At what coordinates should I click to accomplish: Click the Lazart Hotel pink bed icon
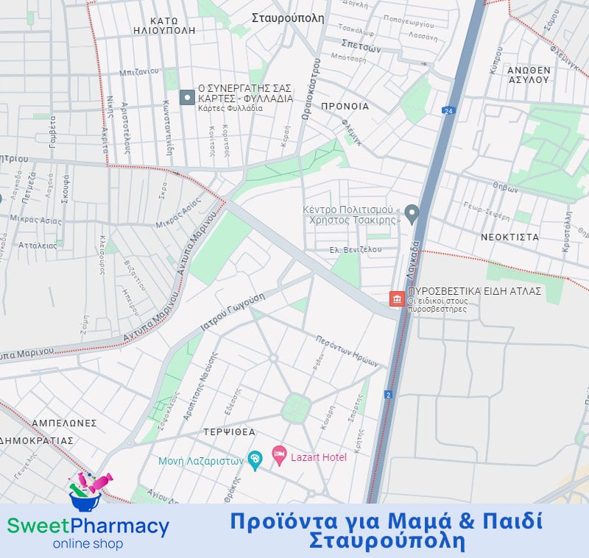tap(279, 457)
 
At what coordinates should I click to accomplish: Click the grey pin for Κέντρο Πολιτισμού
tap(412, 214)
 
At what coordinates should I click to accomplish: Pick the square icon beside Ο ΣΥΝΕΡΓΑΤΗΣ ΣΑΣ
tap(187, 97)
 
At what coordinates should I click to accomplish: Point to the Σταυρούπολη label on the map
tap(287, 18)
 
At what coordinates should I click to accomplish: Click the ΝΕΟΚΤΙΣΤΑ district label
tap(509, 237)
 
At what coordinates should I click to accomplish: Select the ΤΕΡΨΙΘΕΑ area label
tap(230, 432)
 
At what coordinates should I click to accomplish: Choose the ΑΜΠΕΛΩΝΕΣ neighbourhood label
tap(64, 423)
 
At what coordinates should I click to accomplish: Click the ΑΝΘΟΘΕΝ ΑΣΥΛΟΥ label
tap(529, 74)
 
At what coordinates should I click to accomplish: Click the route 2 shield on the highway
tap(388, 395)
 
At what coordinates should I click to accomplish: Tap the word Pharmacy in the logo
tap(120, 526)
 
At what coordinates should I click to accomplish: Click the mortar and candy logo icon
tap(88, 491)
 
